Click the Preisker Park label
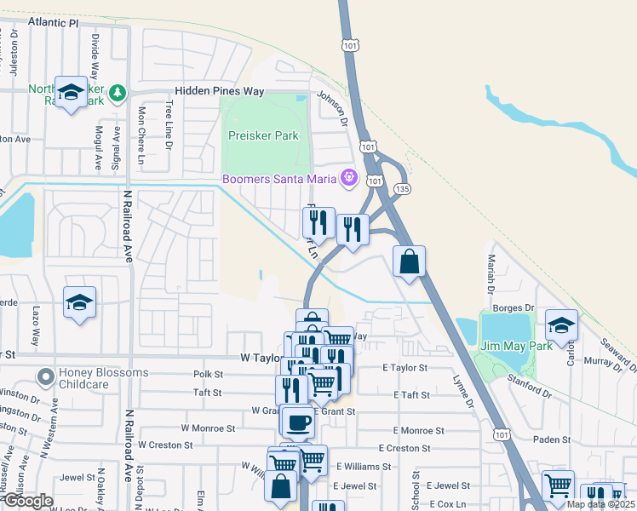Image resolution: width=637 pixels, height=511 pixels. tap(263, 135)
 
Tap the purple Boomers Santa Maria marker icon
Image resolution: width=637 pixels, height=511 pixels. tap(347, 178)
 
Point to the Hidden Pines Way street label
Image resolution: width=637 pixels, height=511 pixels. tap(220, 91)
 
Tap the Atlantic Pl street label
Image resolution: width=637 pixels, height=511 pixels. tap(52, 23)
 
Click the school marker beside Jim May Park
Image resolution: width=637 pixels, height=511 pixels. tap(561, 325)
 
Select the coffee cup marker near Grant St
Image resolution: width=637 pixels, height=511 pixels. tap(297, 422)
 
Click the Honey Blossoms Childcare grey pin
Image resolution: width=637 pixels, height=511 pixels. tap(45, 375)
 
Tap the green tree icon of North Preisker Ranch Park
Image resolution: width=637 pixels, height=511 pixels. tap(117, 91)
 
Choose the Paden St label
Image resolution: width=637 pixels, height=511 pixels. tap(553, 439)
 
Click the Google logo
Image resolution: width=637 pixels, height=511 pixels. tap(27, 502)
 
